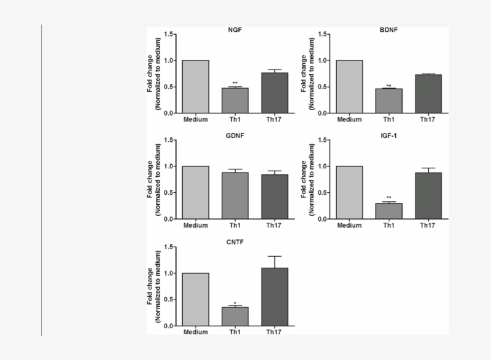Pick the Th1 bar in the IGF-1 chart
pos(389,211)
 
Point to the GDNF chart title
pos(235,135)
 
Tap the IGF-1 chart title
pos(389,135)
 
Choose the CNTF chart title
pos(235,242)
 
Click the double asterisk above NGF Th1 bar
pos(235,83)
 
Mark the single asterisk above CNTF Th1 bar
pos(235,303)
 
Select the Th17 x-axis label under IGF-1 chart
pos(428,226)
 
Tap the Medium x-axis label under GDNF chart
pos(196,226)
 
